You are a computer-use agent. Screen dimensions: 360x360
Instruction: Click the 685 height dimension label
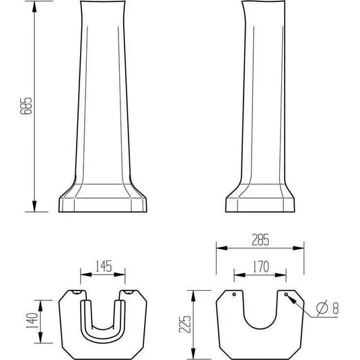point(26,106)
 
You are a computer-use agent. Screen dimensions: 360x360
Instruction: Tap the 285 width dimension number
point(260,240)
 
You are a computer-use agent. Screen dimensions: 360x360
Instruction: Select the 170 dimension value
point(261,266)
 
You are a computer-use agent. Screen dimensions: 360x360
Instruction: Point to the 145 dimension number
point(104,266)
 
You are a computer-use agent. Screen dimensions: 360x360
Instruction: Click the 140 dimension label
point(32,320)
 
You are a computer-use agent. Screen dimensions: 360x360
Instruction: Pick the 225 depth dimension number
point(185,324)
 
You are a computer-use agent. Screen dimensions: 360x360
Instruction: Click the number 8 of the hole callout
point(336,308)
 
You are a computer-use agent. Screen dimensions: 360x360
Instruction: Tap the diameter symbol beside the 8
point(322,308)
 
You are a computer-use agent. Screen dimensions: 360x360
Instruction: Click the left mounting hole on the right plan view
point(234,294)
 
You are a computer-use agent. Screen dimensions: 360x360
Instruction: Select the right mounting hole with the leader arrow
point(286,294)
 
